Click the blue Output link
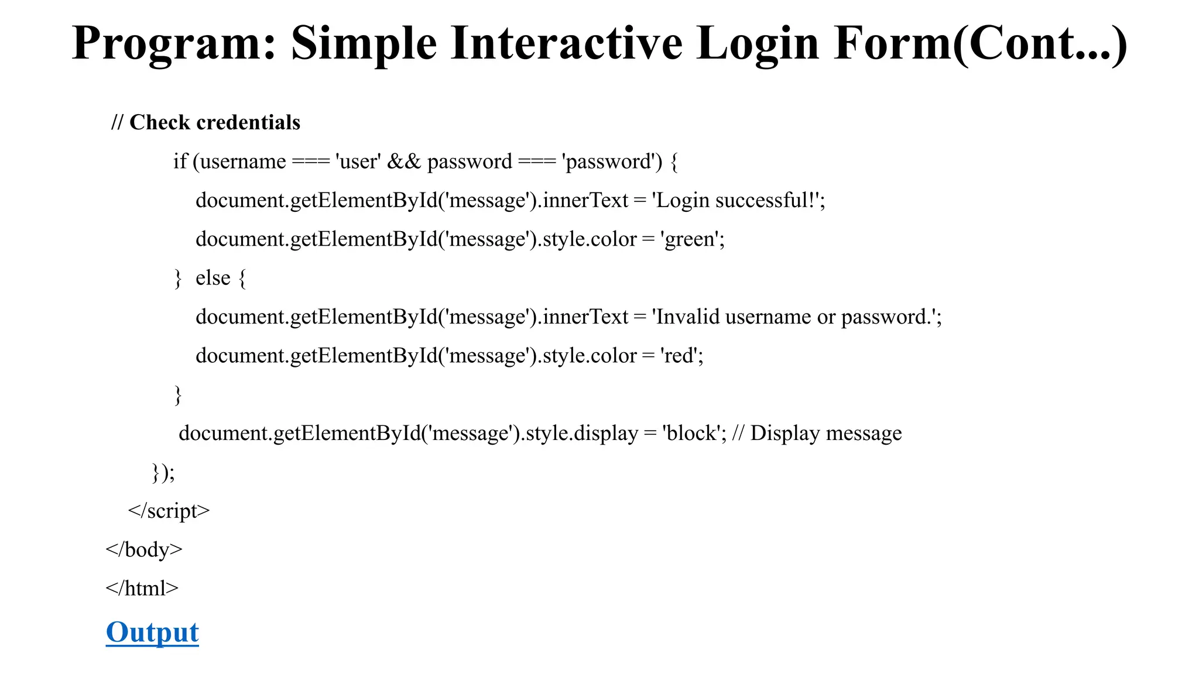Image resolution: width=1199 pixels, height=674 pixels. click(152, 632)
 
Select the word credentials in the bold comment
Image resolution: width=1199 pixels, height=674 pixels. click(248, 122)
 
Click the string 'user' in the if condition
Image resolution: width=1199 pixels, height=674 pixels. click(358, 161)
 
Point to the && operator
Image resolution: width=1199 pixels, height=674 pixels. click(404, 161)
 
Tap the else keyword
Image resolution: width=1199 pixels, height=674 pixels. click(213, 278)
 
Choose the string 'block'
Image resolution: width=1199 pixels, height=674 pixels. click(691, 433)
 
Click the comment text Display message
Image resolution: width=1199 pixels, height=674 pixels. click(826, 433)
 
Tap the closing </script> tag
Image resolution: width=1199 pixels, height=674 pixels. click(169, 511)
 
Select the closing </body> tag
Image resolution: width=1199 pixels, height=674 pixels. click(144, 549)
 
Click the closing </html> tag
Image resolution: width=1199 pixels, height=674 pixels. click(142, 588)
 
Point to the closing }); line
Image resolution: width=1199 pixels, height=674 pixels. click(163, 472)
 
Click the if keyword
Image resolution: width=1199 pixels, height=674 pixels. click(180, 161)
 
